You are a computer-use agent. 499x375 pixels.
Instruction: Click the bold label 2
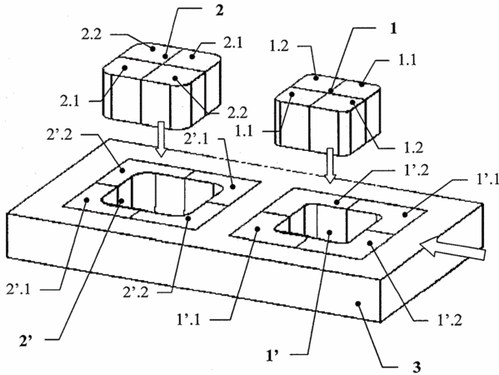point(220,11)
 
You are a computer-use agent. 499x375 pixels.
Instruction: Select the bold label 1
point(394,29)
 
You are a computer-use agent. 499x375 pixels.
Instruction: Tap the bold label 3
point(417,367)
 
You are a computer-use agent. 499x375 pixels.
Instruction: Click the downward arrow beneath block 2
point(162,139)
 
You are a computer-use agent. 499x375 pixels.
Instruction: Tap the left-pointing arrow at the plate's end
point(452,250)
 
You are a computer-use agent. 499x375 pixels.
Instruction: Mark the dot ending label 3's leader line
point(359,303)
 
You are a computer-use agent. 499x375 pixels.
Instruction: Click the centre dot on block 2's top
point(165,57)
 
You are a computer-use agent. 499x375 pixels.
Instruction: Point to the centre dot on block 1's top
point(331,92)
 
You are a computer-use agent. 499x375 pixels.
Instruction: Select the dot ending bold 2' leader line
point(122,201)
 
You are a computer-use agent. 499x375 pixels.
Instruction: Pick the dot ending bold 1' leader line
point(330,232)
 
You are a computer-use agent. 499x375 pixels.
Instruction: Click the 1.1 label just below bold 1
point(407,59)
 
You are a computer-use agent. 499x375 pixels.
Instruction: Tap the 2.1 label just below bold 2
point(232,43)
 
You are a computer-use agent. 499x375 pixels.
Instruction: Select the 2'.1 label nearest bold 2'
point(18,290)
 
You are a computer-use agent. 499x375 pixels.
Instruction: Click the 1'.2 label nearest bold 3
point(450,320)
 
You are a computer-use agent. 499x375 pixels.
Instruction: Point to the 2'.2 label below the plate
point(136,292)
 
